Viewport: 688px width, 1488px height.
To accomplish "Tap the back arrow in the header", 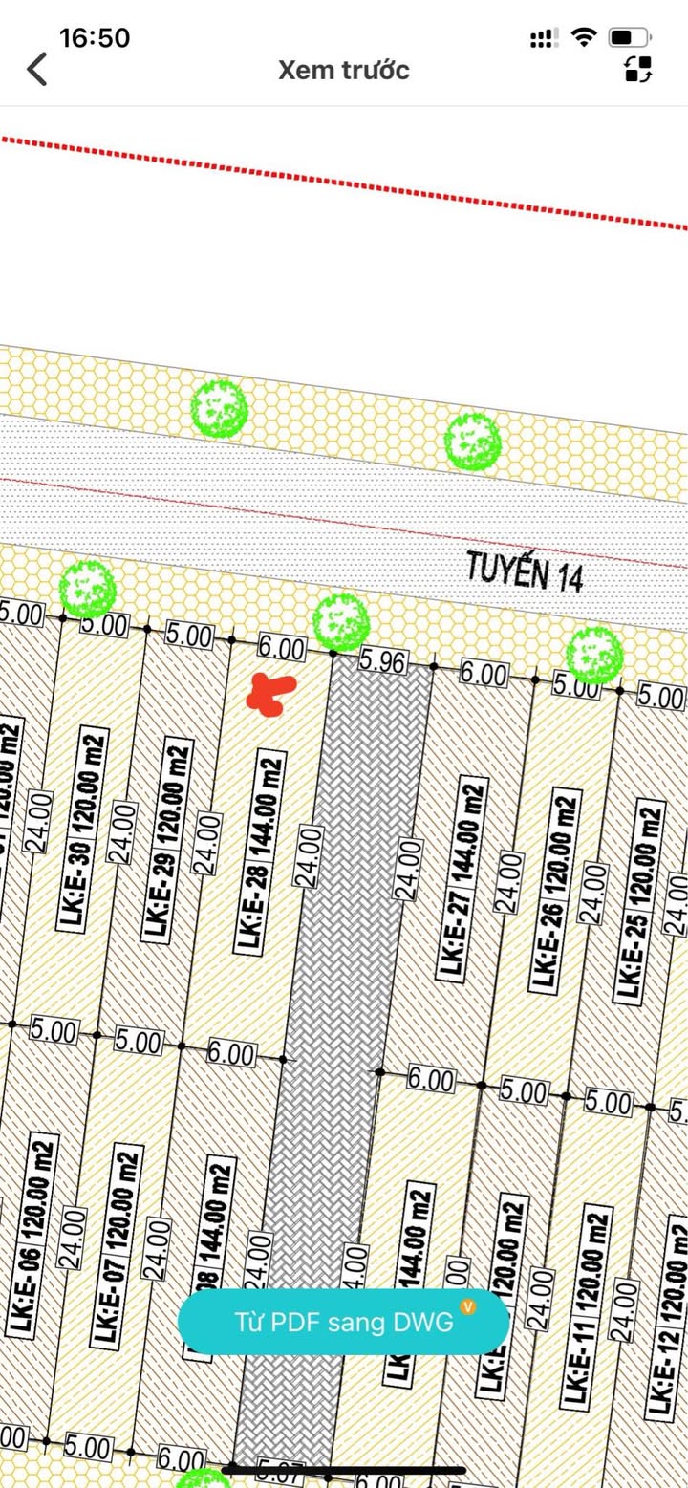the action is coord(37,70).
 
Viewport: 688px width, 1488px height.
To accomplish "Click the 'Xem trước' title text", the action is coord(344,70).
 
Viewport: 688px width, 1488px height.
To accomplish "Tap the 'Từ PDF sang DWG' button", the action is coord(343,1322).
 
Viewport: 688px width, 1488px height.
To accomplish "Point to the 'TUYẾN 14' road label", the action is coord(525,572).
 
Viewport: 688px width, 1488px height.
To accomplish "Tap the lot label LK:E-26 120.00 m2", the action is coord(555,889).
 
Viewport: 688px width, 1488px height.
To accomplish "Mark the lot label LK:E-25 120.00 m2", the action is coord(638,903).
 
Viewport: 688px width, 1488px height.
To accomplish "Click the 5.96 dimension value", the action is coord(382,661).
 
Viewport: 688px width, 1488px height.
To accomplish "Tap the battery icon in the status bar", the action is coord(630,38).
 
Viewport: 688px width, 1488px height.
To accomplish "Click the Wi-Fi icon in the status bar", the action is coord(582,38).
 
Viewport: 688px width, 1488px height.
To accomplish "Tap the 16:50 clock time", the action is coord(95,38).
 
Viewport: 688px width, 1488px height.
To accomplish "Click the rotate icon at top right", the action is coord(638,69).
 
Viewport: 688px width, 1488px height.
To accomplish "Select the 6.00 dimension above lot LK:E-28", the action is coord(281,649).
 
